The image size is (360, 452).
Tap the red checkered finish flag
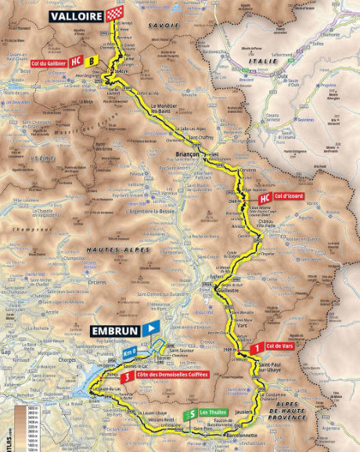click(x=116, y=15)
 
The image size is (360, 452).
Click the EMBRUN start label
click(x=113, y=331)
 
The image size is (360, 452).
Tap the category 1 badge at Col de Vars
click(x=257, y=346)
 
